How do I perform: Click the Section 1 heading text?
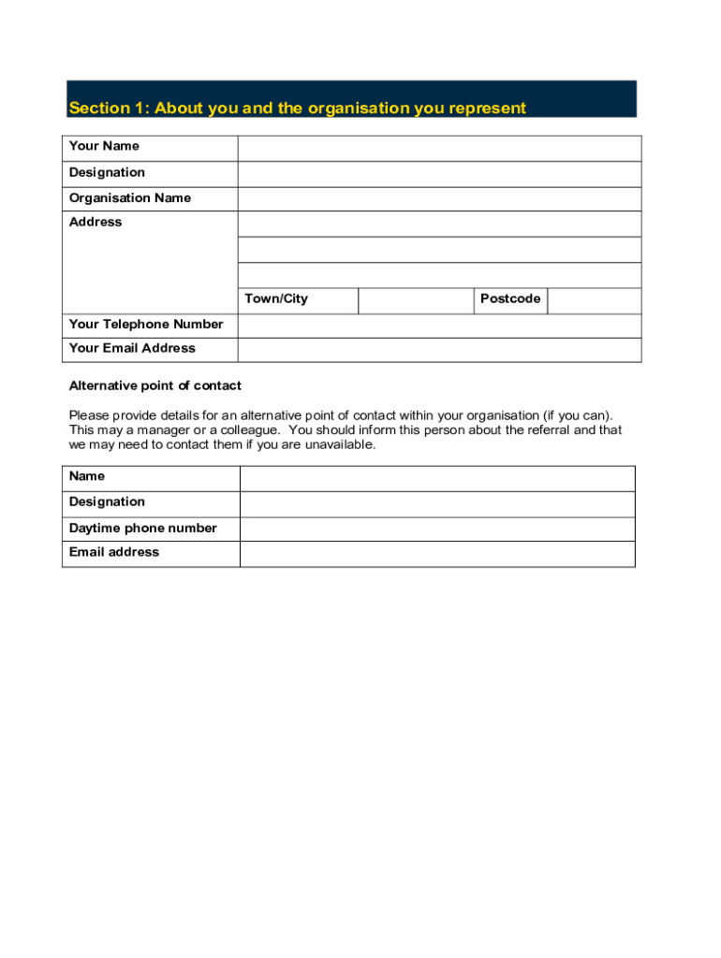(x=297, y=109)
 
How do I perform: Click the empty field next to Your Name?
(x=439, y=149)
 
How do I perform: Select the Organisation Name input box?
(x=439, y=199)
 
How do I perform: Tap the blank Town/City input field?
(x=416, y=300)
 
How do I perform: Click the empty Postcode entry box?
(x=594, y=300)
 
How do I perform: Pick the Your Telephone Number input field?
(x=439, y=326)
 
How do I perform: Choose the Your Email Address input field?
(x=439, y=350)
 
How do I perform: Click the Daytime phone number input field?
(x=437, y=530)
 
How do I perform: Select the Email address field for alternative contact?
(x=437, y=554)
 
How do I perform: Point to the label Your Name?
(x=104, y=146)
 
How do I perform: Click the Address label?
(x=96, y=223)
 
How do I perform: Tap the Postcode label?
(x=510, y=299)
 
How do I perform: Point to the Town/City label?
(x=276, y=299)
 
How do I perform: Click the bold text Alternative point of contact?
(x=155, y=385)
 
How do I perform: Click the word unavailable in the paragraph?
(x=341, y=445)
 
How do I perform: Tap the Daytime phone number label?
(x=142, y=529)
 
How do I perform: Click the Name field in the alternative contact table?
(x=437, y=479)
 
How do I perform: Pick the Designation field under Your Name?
(x=439, y=174)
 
